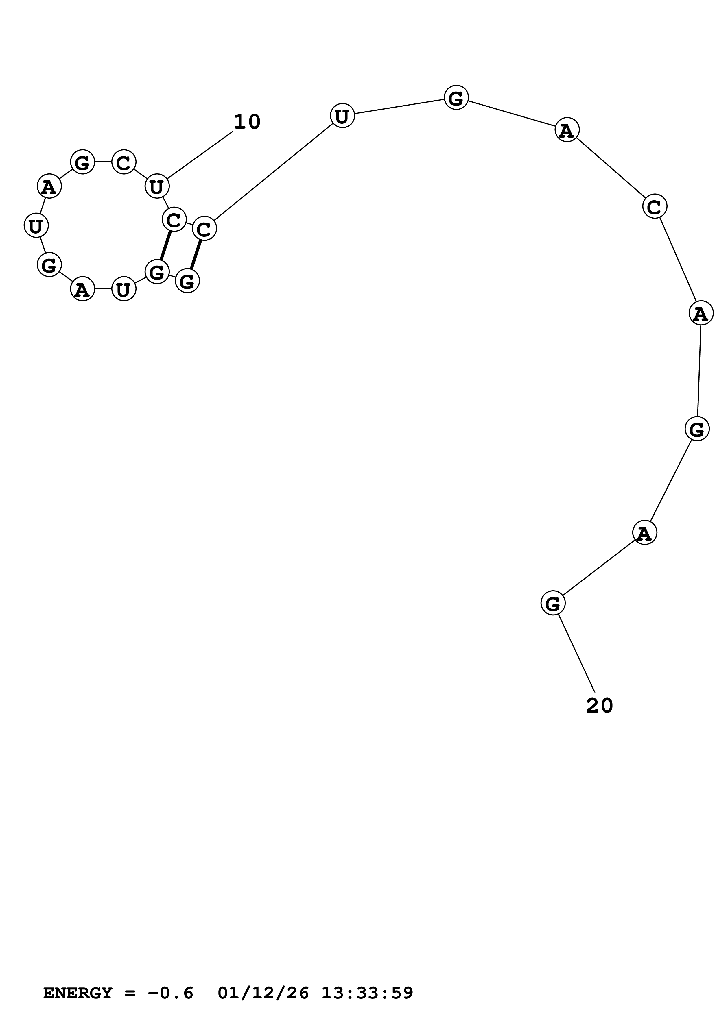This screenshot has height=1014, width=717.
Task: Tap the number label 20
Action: point(600,706)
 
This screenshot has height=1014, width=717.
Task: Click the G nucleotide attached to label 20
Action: point(553,603)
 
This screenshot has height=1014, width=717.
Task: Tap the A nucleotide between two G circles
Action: point(645,533)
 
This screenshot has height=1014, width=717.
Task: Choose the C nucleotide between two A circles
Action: point(654,206)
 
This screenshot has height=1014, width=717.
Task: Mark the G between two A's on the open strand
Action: point(697,429)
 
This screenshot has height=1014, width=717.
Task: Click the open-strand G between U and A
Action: point(456,98)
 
